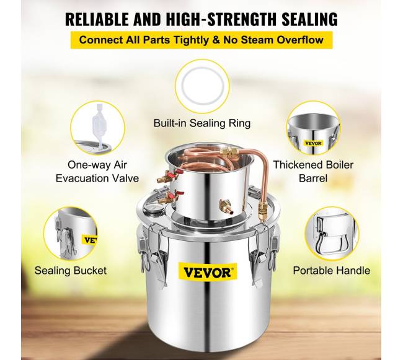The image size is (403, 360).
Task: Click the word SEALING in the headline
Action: (310, 19)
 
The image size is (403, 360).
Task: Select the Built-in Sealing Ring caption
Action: (202, 123)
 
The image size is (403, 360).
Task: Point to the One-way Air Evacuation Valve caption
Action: (97, 171)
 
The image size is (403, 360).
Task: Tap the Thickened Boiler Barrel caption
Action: (313, 171)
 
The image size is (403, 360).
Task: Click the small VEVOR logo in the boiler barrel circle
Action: (314, 143)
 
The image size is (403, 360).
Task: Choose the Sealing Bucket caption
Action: (71, 271)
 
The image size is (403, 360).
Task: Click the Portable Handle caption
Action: (332, 271)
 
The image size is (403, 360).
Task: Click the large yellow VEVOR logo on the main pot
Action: (207, 272)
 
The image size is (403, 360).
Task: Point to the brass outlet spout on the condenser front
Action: (227, 207)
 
